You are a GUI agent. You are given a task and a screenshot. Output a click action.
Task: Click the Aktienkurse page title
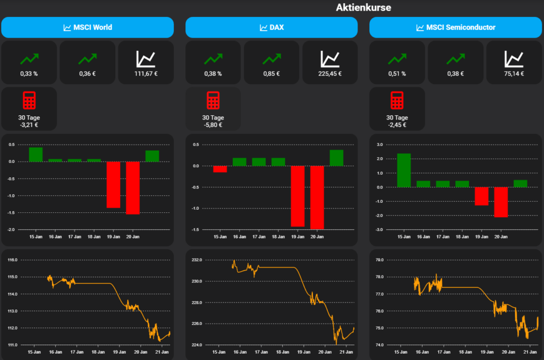363,7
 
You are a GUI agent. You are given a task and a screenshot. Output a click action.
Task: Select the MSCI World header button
88,27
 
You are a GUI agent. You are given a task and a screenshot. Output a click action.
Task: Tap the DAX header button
271,27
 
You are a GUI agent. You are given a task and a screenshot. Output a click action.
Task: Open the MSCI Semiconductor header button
455,27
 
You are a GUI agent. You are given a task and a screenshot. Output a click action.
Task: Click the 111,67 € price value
146,74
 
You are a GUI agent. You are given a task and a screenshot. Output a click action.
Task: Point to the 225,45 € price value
330,74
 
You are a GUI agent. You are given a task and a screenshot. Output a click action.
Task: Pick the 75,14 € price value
514,74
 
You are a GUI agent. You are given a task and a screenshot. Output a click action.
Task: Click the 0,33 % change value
29,74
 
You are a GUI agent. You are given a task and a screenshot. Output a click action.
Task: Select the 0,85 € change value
271,74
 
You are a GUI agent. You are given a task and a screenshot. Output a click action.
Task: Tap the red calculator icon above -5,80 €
213,100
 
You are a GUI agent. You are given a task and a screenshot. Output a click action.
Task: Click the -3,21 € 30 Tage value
29,125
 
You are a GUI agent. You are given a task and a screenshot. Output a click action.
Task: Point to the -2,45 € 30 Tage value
397,125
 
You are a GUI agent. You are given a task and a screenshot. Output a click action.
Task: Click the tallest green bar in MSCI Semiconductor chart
404,170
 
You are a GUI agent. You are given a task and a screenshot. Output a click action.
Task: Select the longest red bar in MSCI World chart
132,187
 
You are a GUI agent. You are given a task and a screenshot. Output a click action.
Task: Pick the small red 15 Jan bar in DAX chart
220,169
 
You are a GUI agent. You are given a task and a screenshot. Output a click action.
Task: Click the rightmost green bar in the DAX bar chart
336,158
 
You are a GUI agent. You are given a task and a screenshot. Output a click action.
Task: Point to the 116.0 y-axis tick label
12,260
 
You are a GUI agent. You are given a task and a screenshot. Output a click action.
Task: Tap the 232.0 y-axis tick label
197,260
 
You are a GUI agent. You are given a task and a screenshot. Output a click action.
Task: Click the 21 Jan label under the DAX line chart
346,352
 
